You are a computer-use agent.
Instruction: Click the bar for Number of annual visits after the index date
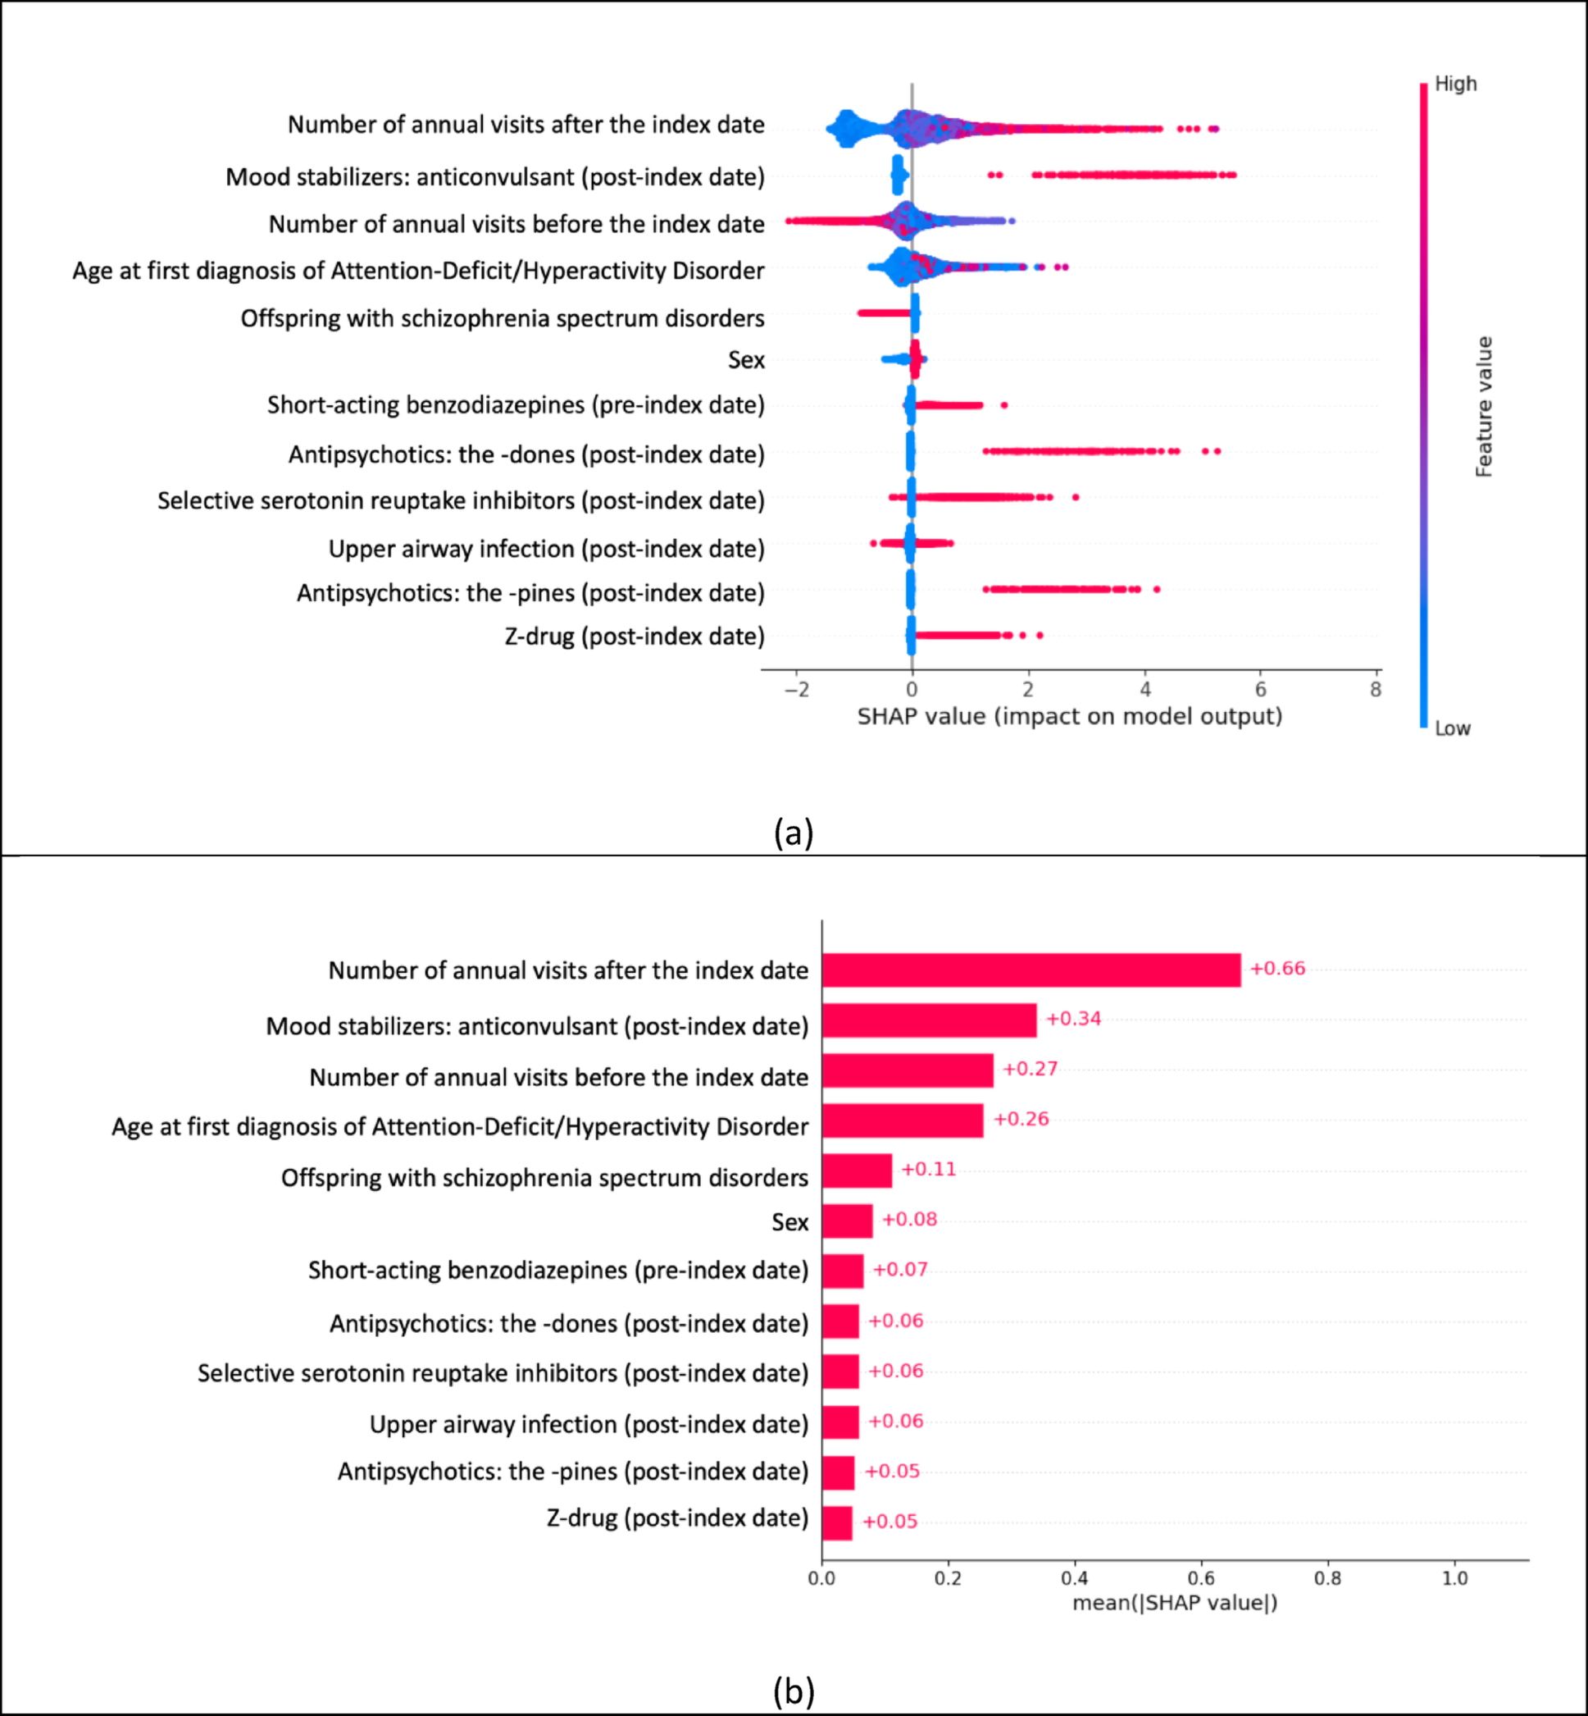pyautogui.click(x=1031, y=970)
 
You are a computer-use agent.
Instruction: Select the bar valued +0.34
pyautogui.click(x=928, y=1020)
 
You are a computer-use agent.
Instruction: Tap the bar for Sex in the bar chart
pyautogui.click(x=846, y=1221)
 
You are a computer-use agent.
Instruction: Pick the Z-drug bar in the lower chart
pyautogui.click(x=836, y=1522)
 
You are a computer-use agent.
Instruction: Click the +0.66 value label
pyautogui.click(x=1277, y=969)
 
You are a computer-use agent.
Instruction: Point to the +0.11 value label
pyautogui.click(x=928, y=1169)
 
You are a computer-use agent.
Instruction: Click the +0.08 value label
pyautogui.click(x=909, y=1219)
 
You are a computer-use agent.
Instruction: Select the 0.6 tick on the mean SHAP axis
pyautogui.click(x=1201, y=1578)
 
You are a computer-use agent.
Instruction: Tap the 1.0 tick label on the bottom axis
pyautogui.click(x=1454, y=1578)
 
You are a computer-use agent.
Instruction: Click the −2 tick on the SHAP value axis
pyautogui.click(x=797, y=690)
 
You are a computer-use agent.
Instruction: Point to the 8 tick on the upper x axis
pyautogui.click(x=1376, y=690)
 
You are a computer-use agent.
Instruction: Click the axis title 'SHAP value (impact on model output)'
pyautogui.click(x=1069, y=716)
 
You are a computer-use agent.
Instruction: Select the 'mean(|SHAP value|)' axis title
pyautogui.click(x=1175, y=1603)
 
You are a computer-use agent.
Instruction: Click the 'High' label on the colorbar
pyautogui.click(x=1456, y=84)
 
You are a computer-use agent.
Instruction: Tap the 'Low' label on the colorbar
pyautogui.click(x=1452, y=729)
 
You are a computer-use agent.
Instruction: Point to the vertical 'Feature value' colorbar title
pyautogui.click(x=1484, y=407)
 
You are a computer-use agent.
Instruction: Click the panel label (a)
pyautogui.click(x=793, y=833)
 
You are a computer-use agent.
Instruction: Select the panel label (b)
pyautogui.click(x=793, y=1691)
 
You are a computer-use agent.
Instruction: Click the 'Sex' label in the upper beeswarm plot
pyautogui.click(x=746, y=359)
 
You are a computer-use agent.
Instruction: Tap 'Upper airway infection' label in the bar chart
pyautogui.click(x=589, y=1424)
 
